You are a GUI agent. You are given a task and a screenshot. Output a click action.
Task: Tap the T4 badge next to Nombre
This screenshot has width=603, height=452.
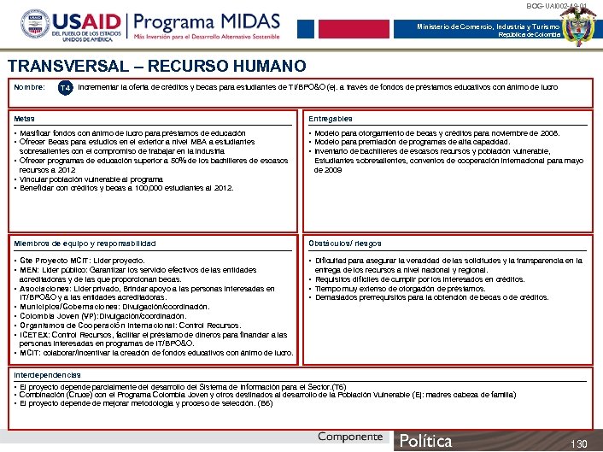coord(65,86)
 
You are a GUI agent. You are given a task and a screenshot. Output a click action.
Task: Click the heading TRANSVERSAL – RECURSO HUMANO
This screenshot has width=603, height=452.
coord(156,66)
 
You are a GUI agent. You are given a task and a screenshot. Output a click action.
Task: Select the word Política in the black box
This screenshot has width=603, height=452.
coord(426,441)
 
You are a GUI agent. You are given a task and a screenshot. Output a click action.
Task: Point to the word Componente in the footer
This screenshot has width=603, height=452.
coord(350,437)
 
